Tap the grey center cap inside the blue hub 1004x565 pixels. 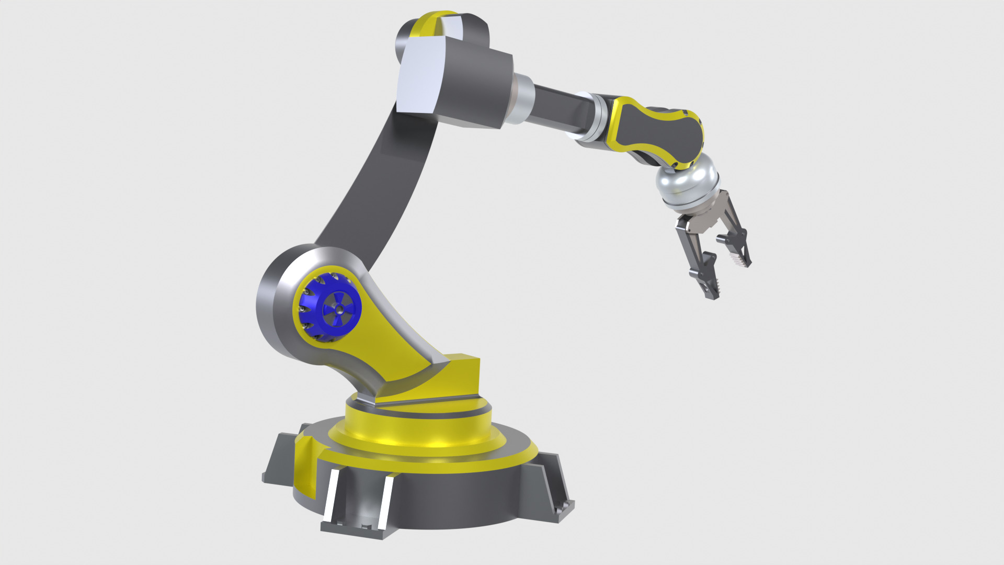tap(338, 309)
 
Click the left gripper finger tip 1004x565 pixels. tap(711, 293)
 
